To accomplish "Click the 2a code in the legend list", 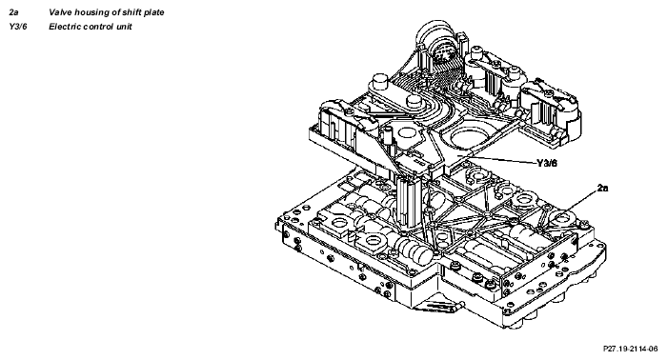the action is point(13,12).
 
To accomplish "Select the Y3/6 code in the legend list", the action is point(17,27).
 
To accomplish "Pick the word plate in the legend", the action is point(153,12).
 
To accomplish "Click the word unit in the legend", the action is point(125,27).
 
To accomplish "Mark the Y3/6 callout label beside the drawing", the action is point(547,163).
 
